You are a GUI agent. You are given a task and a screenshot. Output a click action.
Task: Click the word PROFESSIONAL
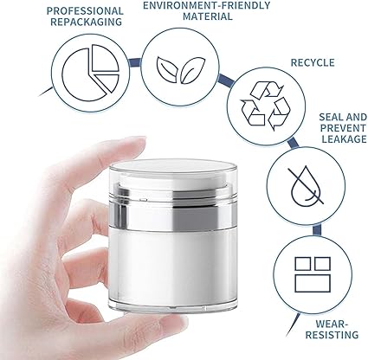point(85,11)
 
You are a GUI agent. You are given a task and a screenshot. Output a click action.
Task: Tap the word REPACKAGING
point(86,22)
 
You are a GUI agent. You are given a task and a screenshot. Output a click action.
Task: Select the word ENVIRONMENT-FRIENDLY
point(206,5)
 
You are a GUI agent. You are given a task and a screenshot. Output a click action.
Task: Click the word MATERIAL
point(208,16)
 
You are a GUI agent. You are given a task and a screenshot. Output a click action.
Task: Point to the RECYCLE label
point(313,62)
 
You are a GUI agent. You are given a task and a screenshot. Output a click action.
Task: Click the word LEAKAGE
point(344,139)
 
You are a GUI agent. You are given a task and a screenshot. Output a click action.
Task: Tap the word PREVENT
point(343,128)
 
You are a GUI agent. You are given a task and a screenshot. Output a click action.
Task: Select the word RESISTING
point(332,335)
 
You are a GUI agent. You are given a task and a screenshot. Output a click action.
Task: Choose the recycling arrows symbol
point(266,106)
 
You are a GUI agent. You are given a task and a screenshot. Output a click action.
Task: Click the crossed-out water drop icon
point(306,185)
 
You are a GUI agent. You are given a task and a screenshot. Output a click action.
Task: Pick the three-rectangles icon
point(313,274)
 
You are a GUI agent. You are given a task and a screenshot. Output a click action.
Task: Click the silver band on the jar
point(174,213)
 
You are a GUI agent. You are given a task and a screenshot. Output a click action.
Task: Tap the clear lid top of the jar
point(173,168)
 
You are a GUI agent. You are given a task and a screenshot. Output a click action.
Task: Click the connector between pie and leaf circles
point(134,62)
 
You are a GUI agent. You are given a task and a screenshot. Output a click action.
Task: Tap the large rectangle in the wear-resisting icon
point(313,283)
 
